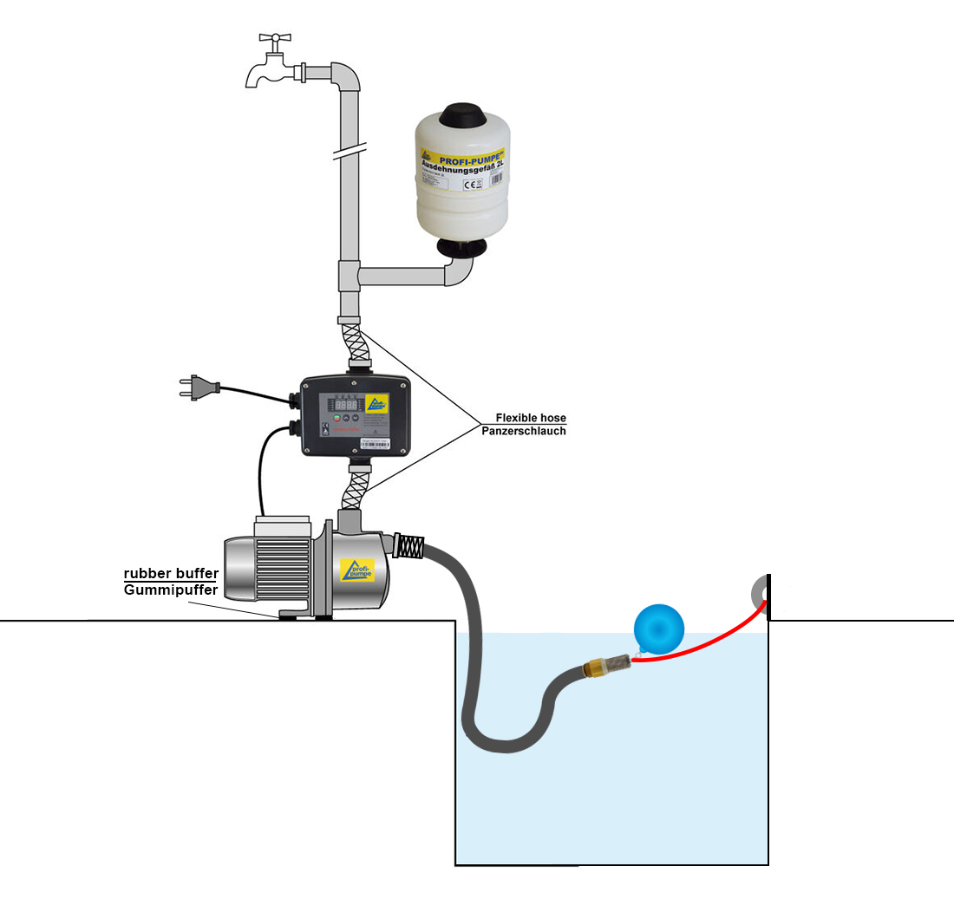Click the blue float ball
point(660,626)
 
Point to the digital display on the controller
point(345,405)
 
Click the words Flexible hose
point(531,418)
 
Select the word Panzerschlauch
point(524,431)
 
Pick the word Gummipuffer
point(170,590)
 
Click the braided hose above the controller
point(357,348)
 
